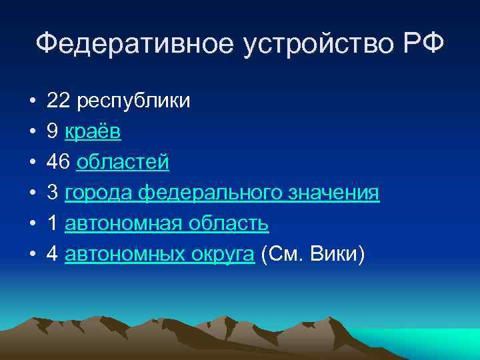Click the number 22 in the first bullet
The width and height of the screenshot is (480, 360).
click(x=59, y=101)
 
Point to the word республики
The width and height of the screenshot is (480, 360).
click(x=134, y=102)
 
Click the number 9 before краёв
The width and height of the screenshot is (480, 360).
click(x=52, y=132)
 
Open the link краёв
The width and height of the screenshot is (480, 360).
click(x=93, y=132)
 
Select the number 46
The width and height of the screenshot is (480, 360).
click(x=59, y=163)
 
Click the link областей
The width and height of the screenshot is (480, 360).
click(x=123, y=163)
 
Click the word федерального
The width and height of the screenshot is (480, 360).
click(x=213, y=193)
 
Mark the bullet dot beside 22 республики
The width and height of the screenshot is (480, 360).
click(x=31, y=102)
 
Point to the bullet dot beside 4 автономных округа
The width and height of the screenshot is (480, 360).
click(x=31, y=255)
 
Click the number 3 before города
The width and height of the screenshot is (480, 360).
click(x=52, y=193)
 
